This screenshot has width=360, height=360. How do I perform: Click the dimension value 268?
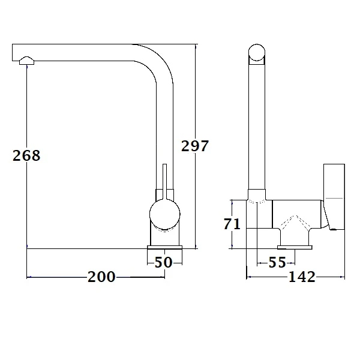click(26, 155)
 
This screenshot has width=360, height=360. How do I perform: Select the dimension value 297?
click(194, 146)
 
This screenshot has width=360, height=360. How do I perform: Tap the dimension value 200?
click(101, 277)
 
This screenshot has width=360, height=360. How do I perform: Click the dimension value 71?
click(232, 224)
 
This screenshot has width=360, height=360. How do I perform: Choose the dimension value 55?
click(277, 262)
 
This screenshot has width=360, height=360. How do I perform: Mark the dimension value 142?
click(302, 277)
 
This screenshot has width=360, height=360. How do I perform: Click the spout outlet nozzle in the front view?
click(27, 59)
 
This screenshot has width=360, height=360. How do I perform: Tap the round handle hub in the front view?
click(164, 215)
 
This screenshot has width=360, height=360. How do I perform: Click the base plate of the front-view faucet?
click(164, 248)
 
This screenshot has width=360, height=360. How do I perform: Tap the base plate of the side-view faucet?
click(295, 245)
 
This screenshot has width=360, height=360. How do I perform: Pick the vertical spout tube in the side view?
click(257, 126)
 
